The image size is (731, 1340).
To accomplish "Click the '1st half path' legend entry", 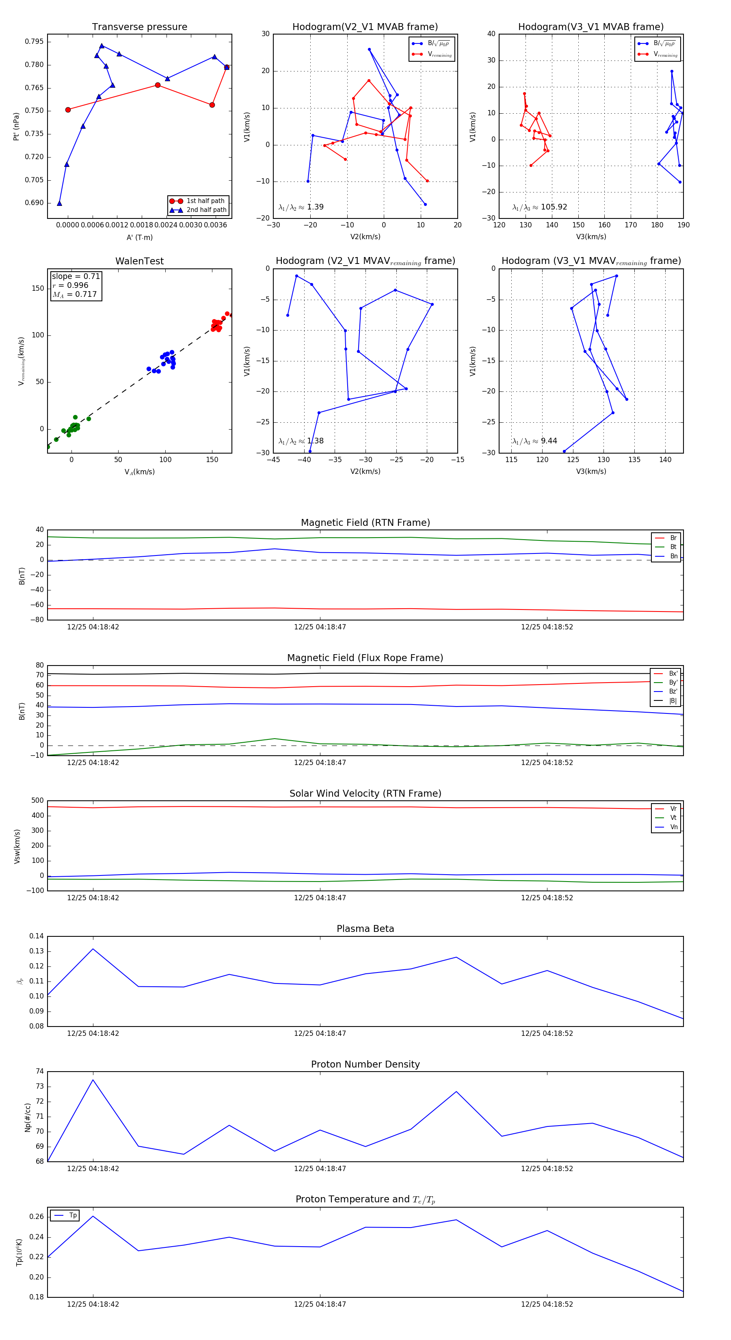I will pos(205,201).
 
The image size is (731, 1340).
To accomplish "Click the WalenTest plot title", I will pos(139,261).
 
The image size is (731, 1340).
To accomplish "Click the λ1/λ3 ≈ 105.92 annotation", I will pos(540,207).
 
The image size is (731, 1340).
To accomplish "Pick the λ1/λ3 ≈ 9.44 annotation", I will pos(534,441).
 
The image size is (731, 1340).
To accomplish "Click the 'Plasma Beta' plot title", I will pos(365,929).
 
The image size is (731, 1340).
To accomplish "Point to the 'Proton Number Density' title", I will pos(365,1064).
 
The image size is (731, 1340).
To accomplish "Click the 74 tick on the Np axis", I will pos(39,1072).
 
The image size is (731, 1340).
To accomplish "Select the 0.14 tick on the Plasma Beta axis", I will pos(37,936).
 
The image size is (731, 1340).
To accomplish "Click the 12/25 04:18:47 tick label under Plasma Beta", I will pos(320,1033).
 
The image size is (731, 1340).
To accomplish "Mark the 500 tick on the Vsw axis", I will pos(37,801).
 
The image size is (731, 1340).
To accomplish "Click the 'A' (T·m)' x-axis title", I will pos(139,238).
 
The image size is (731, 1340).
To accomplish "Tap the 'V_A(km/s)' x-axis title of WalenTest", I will pos(139,472).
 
